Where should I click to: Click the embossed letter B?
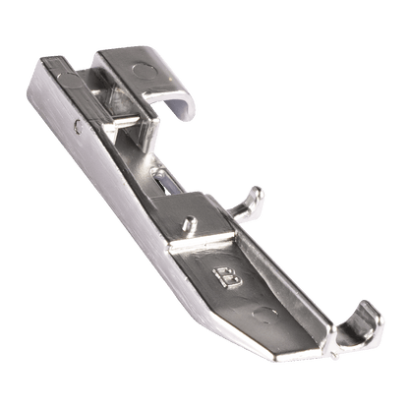click(x=228, y=277)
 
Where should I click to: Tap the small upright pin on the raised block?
click(x=190, y=224)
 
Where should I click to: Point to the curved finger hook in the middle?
click(x=248, y=204)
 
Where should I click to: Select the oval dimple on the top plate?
click(x=145, y=72)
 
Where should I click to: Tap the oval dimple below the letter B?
click(x=264, y=316)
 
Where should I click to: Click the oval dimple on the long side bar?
click(x=70, y=81)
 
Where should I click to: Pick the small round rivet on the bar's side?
click(x=78, y=127)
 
